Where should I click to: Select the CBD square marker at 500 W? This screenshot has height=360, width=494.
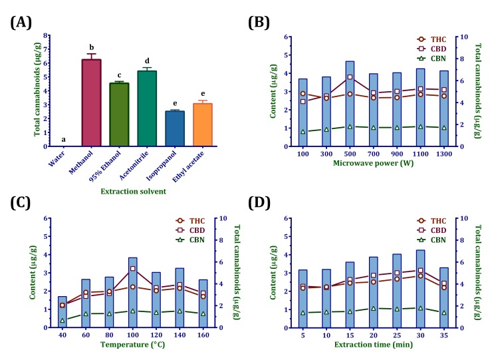(x=350, y=77)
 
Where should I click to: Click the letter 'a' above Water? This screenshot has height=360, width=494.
(x=64, y=140)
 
